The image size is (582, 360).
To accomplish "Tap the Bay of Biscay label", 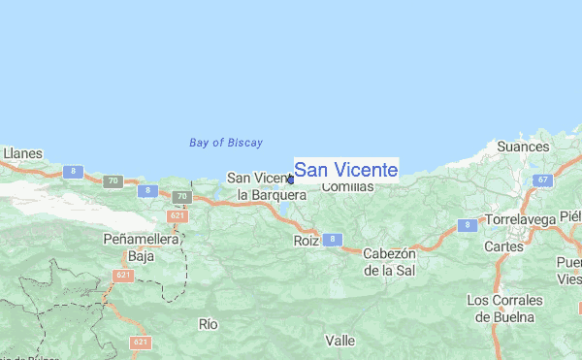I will point(226,143).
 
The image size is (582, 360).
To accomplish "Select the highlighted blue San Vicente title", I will point(345,170).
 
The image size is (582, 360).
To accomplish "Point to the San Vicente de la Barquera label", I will point(265,186).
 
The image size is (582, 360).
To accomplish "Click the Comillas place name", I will point(346,186).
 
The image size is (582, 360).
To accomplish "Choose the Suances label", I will point(523,147).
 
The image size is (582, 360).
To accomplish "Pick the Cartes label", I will point(502,246).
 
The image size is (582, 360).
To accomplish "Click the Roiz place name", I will point(306,239).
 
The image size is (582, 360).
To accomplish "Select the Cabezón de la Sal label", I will point(389,262).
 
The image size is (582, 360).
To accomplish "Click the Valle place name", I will point(340,341).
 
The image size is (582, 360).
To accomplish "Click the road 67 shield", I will point(544,180).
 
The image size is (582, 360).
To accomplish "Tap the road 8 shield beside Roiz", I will point(332,239).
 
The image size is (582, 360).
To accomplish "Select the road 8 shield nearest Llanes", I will point(73,172).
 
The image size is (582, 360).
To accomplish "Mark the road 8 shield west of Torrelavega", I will point(468,225).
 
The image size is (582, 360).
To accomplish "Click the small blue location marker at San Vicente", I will point(290,179).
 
